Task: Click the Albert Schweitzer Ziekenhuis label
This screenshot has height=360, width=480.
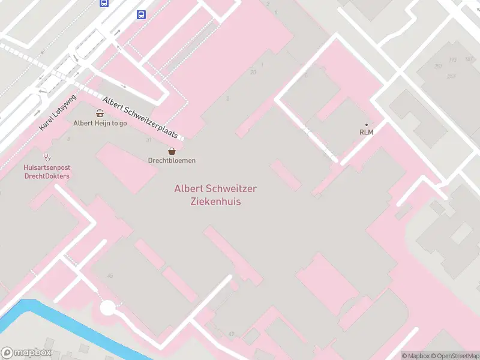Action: tap(215, 195)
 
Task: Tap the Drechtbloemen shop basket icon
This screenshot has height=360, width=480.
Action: tap(172, 151)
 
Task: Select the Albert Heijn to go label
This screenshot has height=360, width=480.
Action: tap(100, 123)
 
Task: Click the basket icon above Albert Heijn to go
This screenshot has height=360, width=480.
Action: tap(100, 113)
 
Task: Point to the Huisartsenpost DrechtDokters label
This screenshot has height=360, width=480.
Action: tap(47, 172)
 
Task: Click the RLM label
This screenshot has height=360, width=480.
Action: tap(366, 132)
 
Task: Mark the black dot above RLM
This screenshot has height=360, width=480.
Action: tap(367, 124)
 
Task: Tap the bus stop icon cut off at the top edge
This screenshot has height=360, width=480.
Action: tap(104, 2)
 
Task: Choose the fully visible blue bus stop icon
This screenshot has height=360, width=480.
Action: tap(141, 15)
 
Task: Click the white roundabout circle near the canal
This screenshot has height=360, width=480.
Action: tap(107, 308)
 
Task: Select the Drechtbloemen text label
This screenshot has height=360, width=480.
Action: tap(172, 160)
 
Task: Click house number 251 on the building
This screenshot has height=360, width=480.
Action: tap(439, 66)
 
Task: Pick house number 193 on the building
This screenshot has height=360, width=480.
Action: tap(452, 60)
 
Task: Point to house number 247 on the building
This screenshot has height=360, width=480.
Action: tap(451, 76)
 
